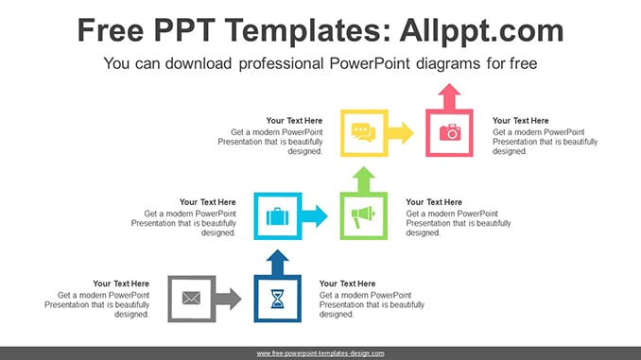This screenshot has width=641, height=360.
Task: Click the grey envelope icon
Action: click(x=191, y=298)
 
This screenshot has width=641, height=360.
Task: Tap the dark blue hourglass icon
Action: click(x=278, y=299)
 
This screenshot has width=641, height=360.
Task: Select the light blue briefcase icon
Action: click(x=278, y=216)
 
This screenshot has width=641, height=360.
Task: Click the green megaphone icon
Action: click(x=363, y=216)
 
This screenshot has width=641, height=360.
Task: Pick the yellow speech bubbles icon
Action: click(x=363, y=132)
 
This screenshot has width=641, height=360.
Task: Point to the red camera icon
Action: click(x=450, y=132)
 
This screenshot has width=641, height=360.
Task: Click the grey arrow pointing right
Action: click(x=228, y=299)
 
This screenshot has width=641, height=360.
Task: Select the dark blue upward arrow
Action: click(x=278, y=263)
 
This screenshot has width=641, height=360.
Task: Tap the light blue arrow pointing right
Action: click(x=315, y=216)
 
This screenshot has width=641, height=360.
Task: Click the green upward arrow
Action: click(x=363, y=180)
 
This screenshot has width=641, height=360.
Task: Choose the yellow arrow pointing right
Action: click(x=400, y=133)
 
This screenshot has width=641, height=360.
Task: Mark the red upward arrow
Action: click(x=449, y=96)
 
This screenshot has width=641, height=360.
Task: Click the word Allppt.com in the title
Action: click(x=481, y=30)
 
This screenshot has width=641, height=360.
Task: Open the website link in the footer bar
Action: click(x=320, y=353)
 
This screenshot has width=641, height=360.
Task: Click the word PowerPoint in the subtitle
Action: click(x=370, y=63)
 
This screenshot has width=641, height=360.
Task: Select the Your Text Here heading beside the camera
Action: click(x=520, y=121)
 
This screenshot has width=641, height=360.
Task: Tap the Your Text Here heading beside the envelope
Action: click(x=121, y=283)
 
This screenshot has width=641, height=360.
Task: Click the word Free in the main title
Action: click(x=111, y=30)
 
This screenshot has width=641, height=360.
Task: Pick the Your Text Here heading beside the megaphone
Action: click(x=434, y=202)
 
